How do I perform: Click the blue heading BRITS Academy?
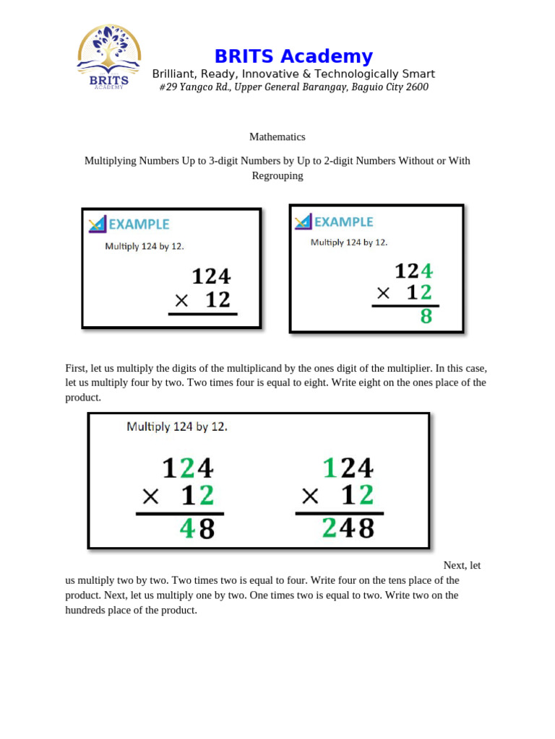tap(293, 56)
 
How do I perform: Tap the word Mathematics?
tap(277, 136)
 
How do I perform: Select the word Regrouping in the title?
tap(277, 175)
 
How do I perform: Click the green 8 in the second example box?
tap(426, 316)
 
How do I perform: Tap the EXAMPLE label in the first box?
tap(139, 224)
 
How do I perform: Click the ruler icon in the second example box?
tap(303, 222)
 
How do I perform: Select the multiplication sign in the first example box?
tap(181, 300)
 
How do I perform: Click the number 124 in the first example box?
tap(211, 276)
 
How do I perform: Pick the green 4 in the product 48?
tap(187, 529)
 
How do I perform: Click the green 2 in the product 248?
tap(329, 529)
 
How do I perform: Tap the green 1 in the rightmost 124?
tap(330, 468)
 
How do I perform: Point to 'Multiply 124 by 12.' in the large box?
tap(177, 427)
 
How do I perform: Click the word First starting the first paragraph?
tap(76, 368)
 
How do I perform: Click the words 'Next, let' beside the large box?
tap(462, 565)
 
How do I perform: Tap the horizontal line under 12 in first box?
tap(202, 314)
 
